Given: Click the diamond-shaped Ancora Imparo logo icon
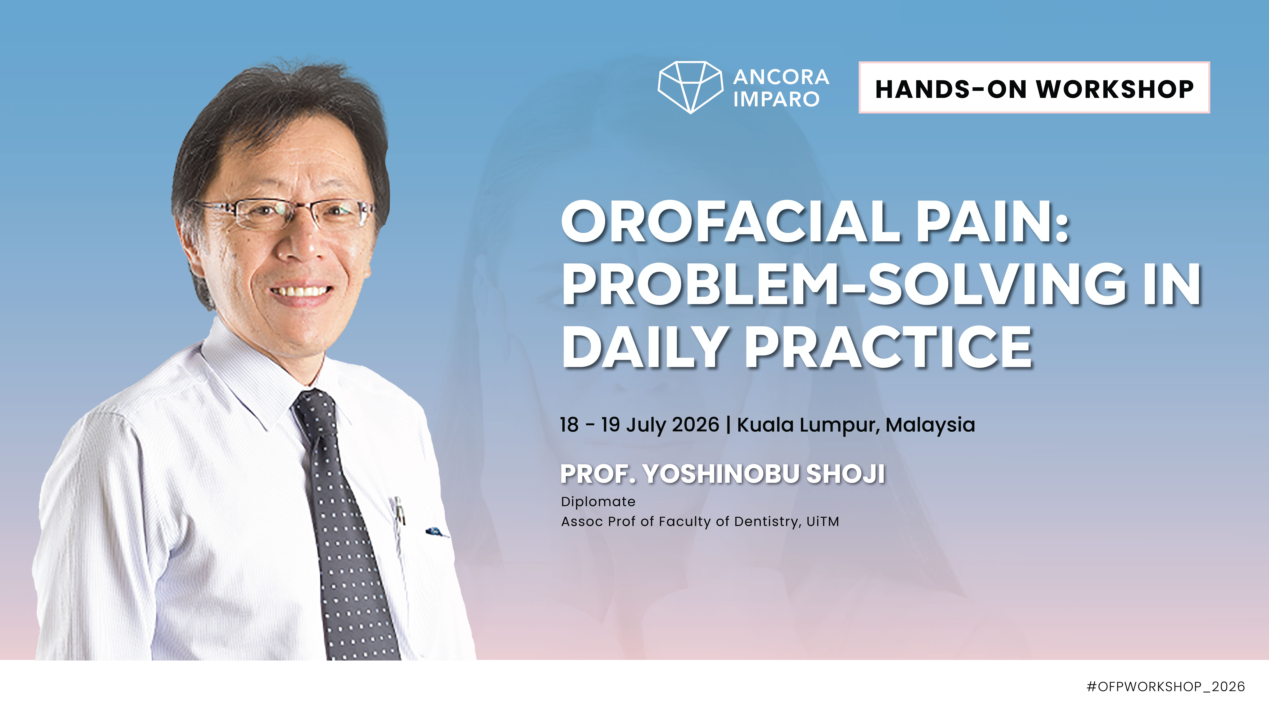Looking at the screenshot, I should click(x=690, y=87).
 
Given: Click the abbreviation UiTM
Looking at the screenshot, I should click(x=822, y=521).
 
